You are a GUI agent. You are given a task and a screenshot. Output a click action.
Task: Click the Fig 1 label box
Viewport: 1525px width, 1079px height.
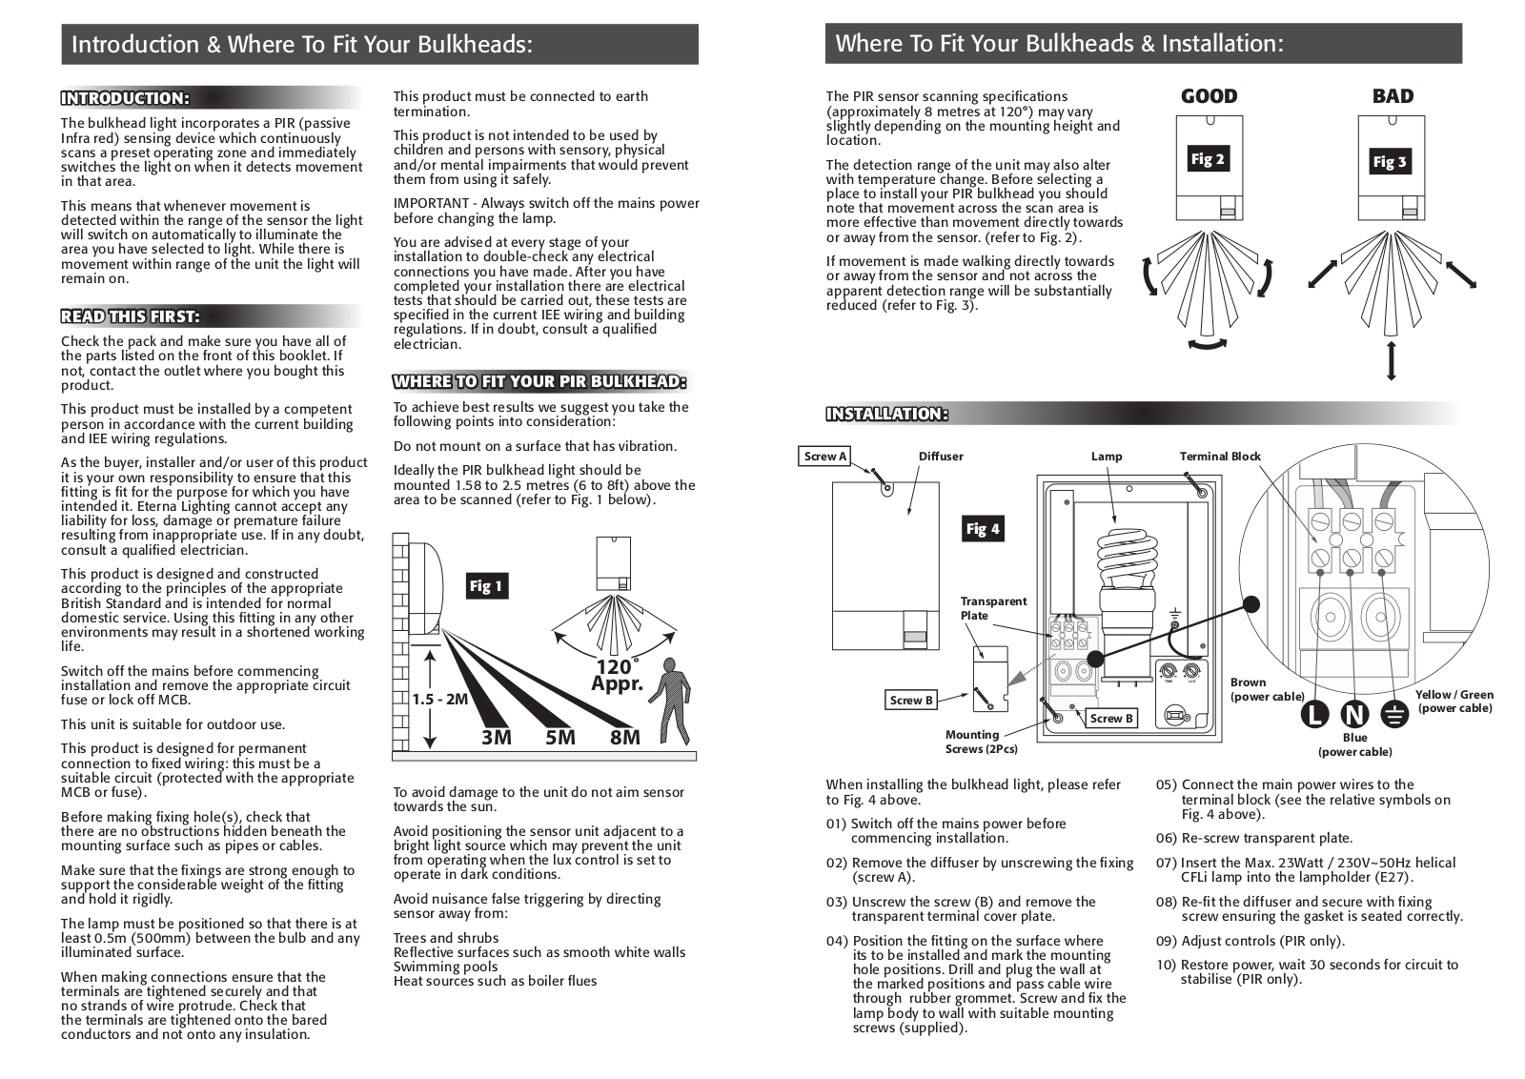click(x=485, y=586)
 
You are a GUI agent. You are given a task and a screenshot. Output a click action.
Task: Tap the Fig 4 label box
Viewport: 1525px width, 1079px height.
click(x=983, y=529)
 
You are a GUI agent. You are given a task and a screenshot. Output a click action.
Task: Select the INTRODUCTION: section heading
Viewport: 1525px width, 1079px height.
click(x=125, y=98)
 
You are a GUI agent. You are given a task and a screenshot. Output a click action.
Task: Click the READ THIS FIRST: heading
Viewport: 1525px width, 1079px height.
click(x=131, y=316)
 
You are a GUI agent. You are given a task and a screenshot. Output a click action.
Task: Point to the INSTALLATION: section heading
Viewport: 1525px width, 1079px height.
click(x=886, y=414)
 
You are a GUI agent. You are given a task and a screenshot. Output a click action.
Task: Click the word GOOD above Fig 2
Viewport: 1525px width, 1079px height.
click(x=1209, y=96)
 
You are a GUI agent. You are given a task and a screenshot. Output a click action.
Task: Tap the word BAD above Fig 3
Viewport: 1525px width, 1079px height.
click(x=1393, y=96)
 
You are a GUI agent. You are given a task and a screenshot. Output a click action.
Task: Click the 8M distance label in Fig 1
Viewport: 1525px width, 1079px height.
click(x=625, y=737)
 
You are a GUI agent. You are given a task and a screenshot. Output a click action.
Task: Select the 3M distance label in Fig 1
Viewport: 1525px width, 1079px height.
click(x=497, y=737)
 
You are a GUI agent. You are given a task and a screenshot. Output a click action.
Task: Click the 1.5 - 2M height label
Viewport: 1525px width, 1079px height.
click(x=440, y=699)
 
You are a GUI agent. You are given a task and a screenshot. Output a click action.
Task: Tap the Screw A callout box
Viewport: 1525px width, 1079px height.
click(x=825, y=457)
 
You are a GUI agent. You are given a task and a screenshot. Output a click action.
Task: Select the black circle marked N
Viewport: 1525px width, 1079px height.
click(x=1354, y=714)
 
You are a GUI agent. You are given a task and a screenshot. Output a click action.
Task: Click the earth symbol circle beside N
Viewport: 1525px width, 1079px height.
click(x=1393, y=714)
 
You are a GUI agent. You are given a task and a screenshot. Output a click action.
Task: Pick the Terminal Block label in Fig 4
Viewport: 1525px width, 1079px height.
click(x=1220, y=457)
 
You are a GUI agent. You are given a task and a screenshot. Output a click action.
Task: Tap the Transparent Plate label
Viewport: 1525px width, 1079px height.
click(x=993, y=608)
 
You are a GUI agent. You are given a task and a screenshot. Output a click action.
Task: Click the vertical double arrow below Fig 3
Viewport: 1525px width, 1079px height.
click(x=1392, y=361)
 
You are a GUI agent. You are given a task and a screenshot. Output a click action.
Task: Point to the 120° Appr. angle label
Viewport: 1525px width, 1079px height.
click(x=617, y=675)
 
